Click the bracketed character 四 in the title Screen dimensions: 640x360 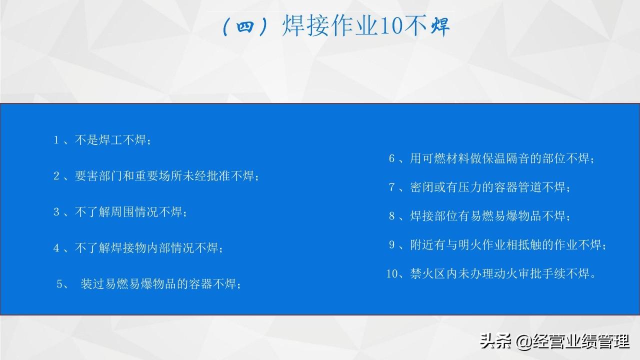245,26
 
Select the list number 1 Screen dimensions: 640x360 56,140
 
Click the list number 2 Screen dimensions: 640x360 56,176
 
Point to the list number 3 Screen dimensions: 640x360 56,212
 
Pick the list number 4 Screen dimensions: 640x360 56,248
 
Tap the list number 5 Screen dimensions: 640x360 59,284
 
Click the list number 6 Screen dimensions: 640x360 391,158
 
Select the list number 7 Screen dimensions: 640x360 391,187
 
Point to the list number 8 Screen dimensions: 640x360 391,216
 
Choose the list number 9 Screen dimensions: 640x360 391,245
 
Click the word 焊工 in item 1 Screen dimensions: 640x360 110,140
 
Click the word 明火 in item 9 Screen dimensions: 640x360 470,245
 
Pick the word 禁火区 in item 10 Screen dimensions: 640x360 428,273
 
